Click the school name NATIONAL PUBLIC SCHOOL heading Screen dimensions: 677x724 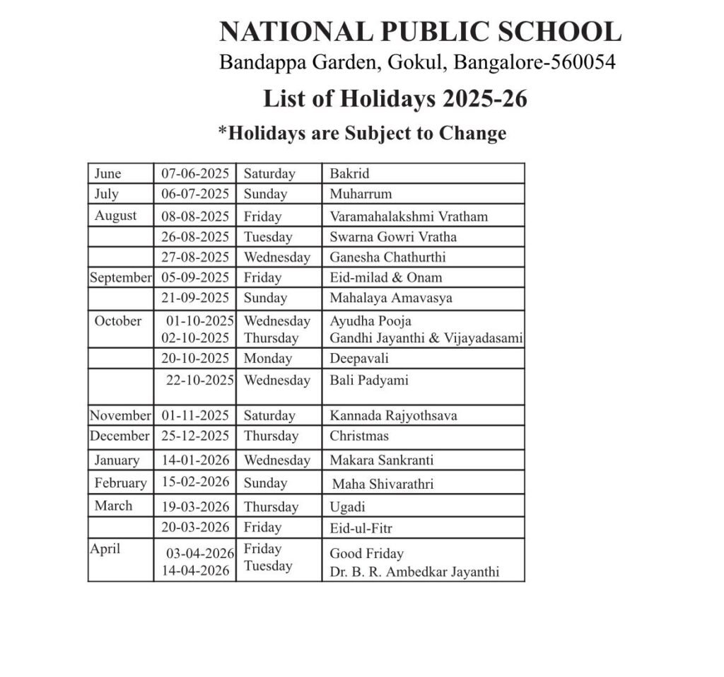(x=420, y=32)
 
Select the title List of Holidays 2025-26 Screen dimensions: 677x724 (x=395, y=98)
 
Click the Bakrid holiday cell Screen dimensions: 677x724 (x=349, y=173)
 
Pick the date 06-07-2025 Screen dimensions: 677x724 (x=195, y=194)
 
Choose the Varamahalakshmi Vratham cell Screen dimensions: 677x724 (x=409, y=216)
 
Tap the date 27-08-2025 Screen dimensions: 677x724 (x=195, y=257)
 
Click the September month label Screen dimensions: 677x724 (x=120, y=277)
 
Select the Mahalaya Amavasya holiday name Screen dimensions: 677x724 (x=390, y=298)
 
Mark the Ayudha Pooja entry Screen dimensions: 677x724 (x=370, y=321)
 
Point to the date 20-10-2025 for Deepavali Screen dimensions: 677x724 (x=195, y=358)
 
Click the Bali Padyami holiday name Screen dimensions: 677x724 (x=369, y=380)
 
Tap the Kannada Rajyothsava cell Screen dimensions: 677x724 (x=393, y=415)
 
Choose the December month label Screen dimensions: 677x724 (x=120, y=436)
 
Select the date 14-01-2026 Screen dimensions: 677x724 (x=195, y=460)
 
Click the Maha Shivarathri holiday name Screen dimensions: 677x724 (x=383, y=485)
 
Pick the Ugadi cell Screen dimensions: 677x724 (x=347, y=507)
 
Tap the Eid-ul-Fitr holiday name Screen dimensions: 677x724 (x=361, y=527)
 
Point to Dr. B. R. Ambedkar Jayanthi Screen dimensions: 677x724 (x=414, y=572)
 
